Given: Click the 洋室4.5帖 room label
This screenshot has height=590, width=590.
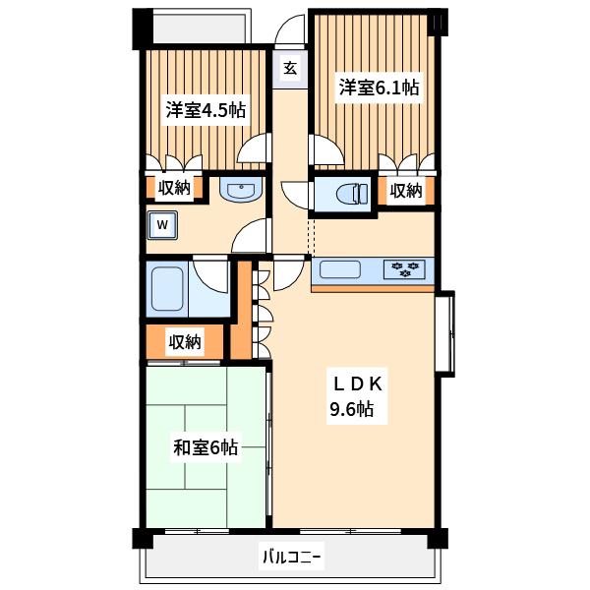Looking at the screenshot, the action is point(206,110).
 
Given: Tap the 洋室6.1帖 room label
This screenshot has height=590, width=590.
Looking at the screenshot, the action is point(379,88).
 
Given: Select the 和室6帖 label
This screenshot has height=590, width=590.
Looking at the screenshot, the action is point(206,448).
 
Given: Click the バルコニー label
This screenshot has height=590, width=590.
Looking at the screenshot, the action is point(292,557).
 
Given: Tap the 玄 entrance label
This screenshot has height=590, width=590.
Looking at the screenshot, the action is point(290,69).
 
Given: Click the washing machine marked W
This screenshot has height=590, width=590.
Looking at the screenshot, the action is point(162,225).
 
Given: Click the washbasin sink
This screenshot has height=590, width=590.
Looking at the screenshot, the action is point(241,189).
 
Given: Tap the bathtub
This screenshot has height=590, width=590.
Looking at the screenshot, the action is point(167,289).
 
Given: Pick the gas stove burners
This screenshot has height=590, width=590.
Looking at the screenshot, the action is point(404,269).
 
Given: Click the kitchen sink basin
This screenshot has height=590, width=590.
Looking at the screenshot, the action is point(340,269).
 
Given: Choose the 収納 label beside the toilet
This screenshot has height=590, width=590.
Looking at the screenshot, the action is point(405,191).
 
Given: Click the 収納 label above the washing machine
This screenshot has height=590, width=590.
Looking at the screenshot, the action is point(174,188).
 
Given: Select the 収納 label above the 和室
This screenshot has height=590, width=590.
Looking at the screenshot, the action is point(185,341).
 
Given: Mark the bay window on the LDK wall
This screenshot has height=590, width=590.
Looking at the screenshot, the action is point(445,333).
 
